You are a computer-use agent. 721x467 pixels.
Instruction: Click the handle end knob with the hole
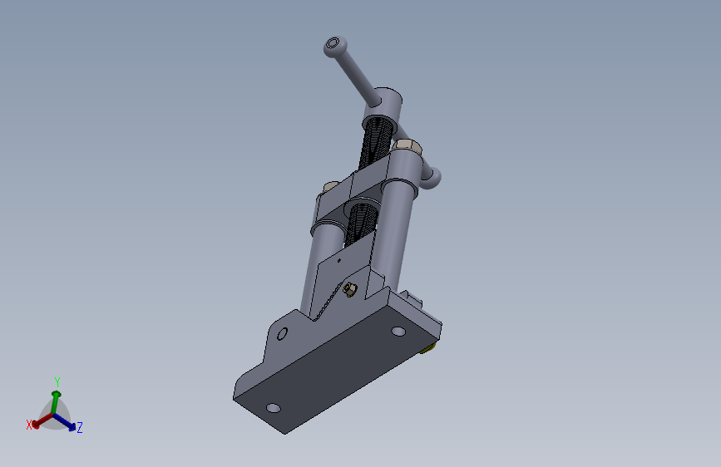click(334, 46)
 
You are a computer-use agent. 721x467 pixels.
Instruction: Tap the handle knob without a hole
click(432, 179)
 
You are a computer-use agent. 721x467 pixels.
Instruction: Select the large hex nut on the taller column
click(407, 146)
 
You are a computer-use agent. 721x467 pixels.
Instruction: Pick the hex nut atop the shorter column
click(331, 187)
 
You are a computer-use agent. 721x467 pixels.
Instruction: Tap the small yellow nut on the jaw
click(350, 289)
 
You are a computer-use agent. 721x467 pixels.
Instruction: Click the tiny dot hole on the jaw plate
click(339, 261)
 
